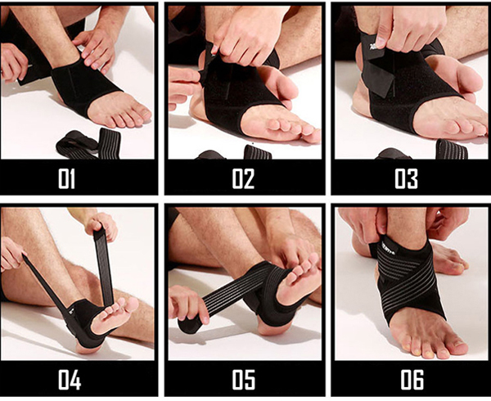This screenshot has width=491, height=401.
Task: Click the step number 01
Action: click(67, 178)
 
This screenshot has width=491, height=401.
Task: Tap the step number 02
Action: click(243, 178)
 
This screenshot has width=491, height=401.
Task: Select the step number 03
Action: click(406, 178)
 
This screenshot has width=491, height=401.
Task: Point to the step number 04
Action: click(70, 380)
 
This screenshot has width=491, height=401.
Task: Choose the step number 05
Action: click(243, 380)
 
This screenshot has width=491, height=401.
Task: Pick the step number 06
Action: click(412, 380)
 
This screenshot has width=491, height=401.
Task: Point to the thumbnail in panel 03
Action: click(381, 42)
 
